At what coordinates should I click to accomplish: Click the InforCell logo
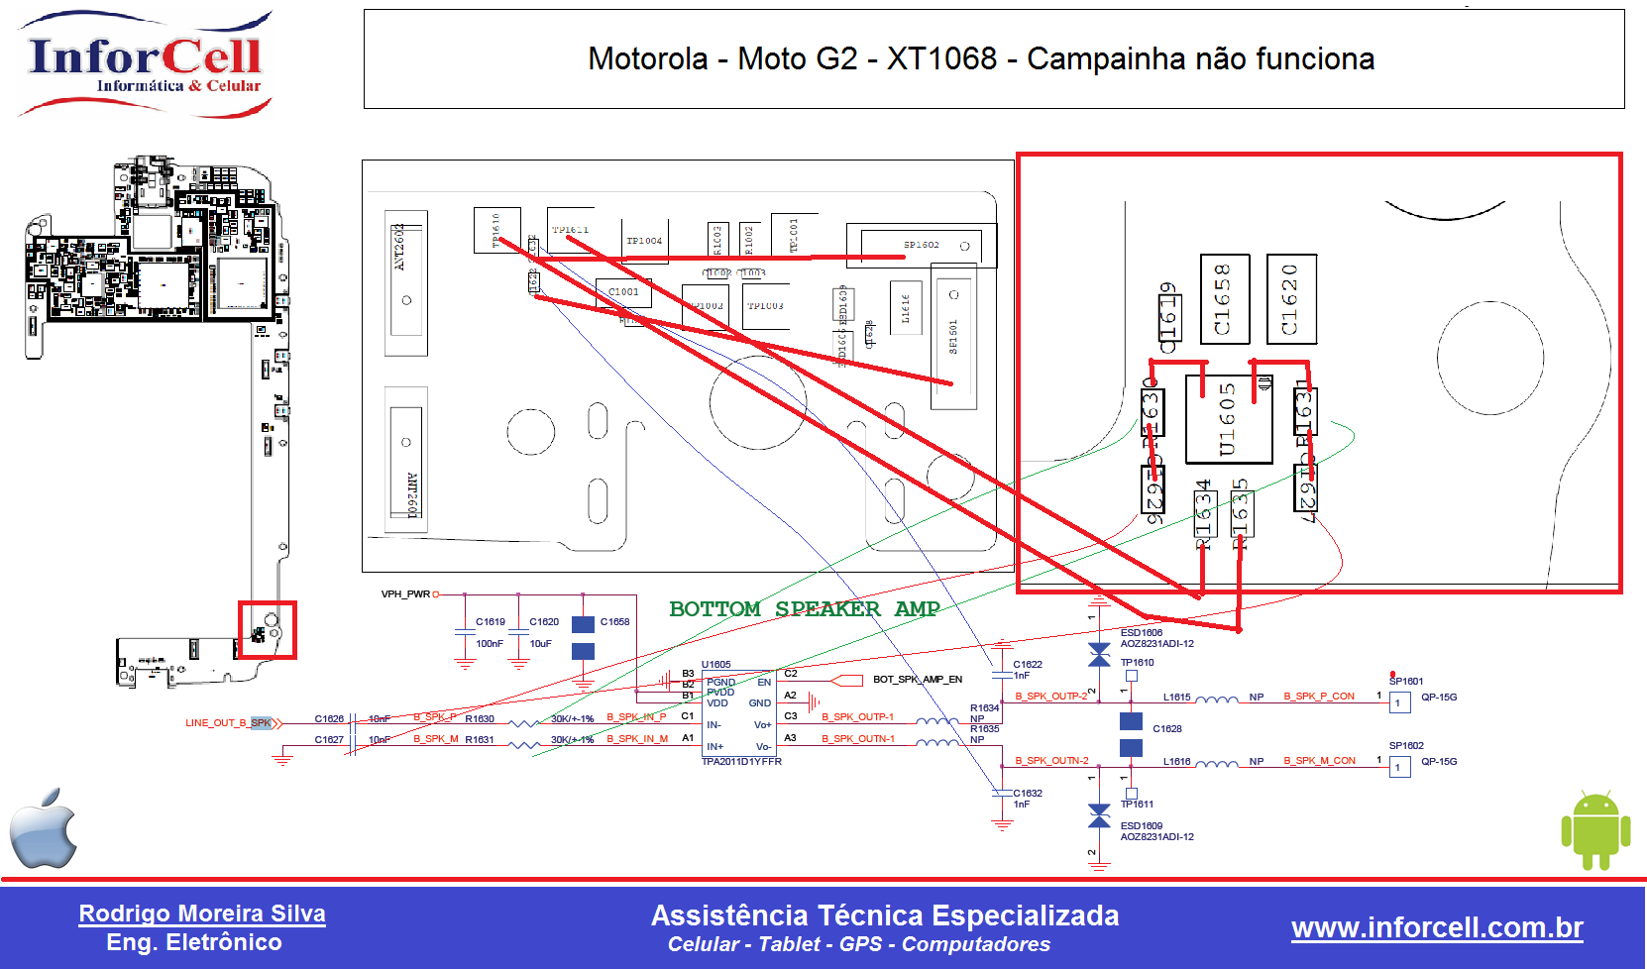145,63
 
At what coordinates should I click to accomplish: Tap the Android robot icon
1595,829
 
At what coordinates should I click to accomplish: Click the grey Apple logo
44,828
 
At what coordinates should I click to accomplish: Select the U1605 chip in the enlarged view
1229,419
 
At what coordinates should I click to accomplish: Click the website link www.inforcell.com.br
1437,927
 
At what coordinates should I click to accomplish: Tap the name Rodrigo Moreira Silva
202,914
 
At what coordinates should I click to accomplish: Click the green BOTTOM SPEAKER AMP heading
804,608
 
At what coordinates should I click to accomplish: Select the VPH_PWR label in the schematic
405,594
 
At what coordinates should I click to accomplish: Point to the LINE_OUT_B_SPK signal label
228,722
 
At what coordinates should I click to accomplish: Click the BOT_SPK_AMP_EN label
918,680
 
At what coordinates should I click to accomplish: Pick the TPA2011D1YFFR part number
741,762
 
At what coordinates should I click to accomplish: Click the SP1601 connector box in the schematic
1399,703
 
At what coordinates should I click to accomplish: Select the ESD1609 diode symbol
1099,816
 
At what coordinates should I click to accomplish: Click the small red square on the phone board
267,630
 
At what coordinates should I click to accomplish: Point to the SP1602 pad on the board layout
921,245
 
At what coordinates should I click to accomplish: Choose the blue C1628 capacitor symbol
1131,734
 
